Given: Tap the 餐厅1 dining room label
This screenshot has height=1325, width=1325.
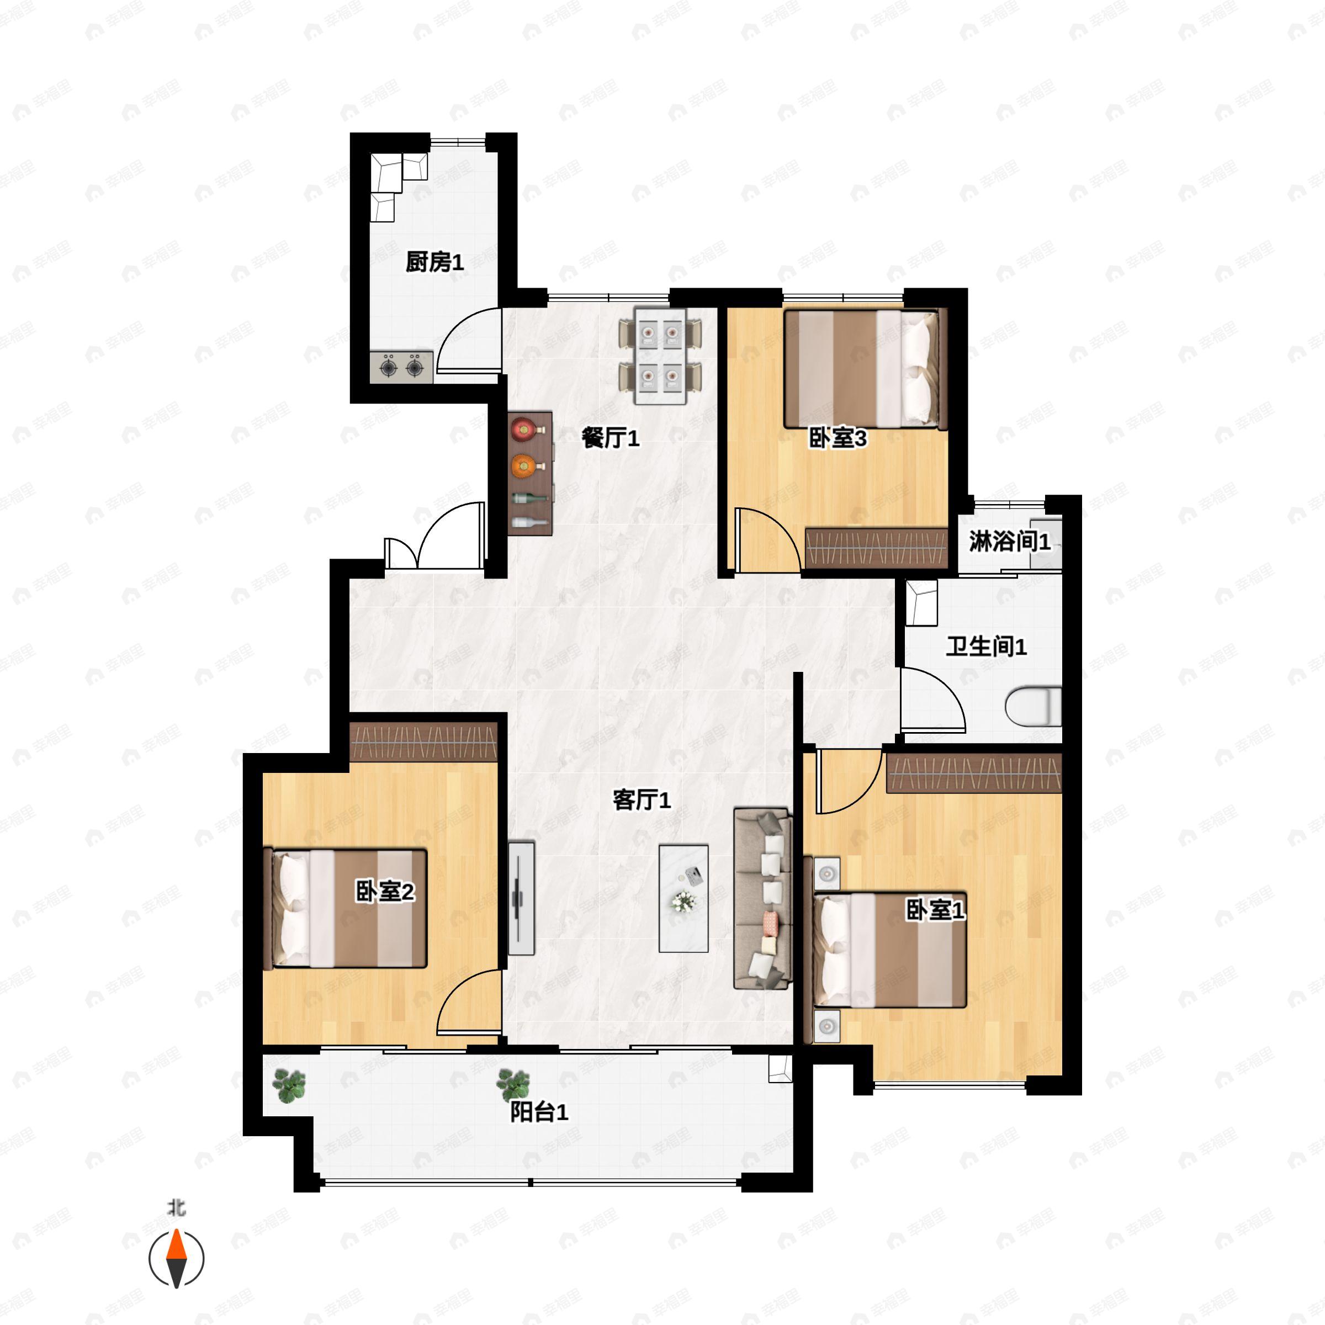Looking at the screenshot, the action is [611, 438].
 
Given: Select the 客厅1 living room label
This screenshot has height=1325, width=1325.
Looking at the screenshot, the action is [641, 799].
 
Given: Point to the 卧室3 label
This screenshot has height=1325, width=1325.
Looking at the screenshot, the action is [838, 438].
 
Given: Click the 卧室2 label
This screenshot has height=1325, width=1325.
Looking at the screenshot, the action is [385, 892].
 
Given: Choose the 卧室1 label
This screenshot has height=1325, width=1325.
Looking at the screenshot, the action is [935, 910].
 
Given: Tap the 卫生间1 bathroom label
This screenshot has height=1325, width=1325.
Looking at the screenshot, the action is [986, 646].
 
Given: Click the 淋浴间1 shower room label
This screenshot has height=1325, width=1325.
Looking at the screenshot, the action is [1010, 541].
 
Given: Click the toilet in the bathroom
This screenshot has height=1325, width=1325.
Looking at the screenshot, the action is [1033, 707].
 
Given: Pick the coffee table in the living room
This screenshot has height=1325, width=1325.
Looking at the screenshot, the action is [683, 898].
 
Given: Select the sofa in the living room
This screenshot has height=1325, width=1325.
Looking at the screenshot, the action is [762, 899].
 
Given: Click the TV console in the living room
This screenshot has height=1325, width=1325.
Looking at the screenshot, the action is [521, 898].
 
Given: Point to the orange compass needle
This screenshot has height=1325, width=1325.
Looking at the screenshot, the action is [177, 1245].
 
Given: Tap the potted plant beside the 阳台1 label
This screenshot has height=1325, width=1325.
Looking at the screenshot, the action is [513, 1085].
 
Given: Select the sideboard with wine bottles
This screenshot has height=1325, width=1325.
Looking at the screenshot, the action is [530, 473].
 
